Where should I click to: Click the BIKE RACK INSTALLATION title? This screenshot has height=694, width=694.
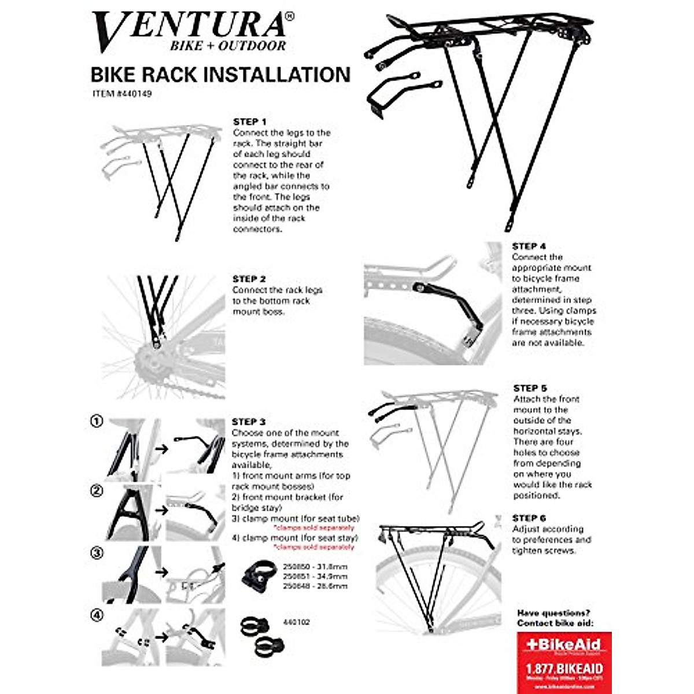(220, 75)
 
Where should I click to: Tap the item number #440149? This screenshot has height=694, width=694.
(122, 93)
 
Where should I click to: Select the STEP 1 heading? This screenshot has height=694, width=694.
(250, 122)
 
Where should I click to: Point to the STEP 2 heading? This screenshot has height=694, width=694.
(249, 279)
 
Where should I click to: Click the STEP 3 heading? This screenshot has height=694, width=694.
(249, 422)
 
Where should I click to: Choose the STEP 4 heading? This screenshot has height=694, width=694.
(529, 246)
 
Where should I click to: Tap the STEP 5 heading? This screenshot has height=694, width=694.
(530, 388)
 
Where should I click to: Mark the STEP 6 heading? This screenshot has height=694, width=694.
(529, 518)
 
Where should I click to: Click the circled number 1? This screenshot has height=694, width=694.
(97, 422)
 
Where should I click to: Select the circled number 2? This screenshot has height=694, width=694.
(97, 491)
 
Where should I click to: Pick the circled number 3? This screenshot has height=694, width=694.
(97, 553)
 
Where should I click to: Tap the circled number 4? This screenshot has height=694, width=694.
(97, 615)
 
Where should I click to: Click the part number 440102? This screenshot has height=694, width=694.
(297, 622)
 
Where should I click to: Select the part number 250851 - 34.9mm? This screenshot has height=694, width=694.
(315, 576)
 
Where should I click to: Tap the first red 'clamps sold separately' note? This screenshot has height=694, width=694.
(313, 528)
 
